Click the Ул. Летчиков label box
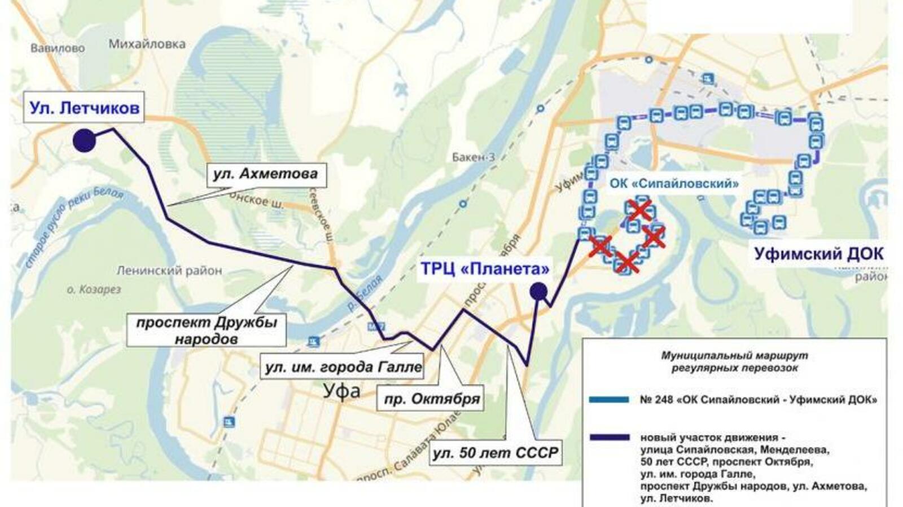(84, 107)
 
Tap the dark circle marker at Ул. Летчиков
(84, 140)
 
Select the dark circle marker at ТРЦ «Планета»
(538, 291)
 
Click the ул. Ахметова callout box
(265, 174)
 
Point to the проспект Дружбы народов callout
(206, 330)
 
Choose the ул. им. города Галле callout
(343, 367)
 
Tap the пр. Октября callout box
(431, 399)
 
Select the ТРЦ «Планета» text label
(484, 268)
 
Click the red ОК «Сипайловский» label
(673, 184)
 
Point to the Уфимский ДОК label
(818, 254)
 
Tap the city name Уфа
(341, 391)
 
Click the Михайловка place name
(147, 44)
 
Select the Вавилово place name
(58, 48)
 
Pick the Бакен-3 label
(473, 157)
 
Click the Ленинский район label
(169, 271)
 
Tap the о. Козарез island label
(94, 290)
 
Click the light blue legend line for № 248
(608, 400)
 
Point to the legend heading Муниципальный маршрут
(734, 356)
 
